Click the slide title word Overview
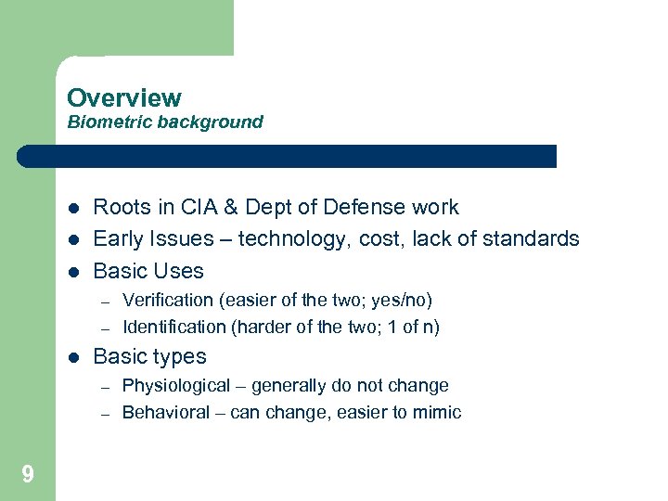point(124,97)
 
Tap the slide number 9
point(28,475)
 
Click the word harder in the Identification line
point(269,327)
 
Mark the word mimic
point(438,412)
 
